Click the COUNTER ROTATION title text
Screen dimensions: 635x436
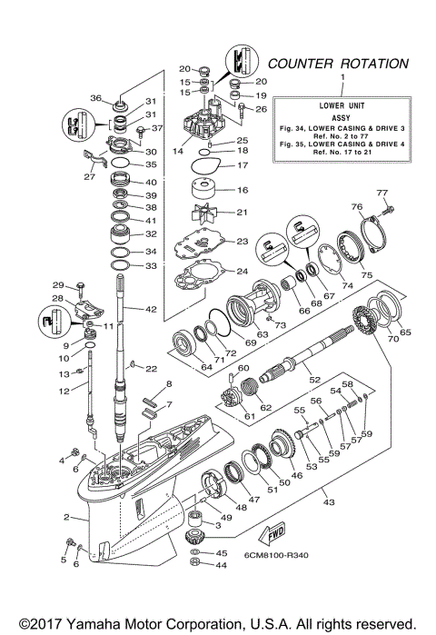(337, 64)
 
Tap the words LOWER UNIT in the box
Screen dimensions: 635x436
(342, 106)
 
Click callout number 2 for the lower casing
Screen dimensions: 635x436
(66, 517)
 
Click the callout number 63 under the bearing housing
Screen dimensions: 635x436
(237, 334)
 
